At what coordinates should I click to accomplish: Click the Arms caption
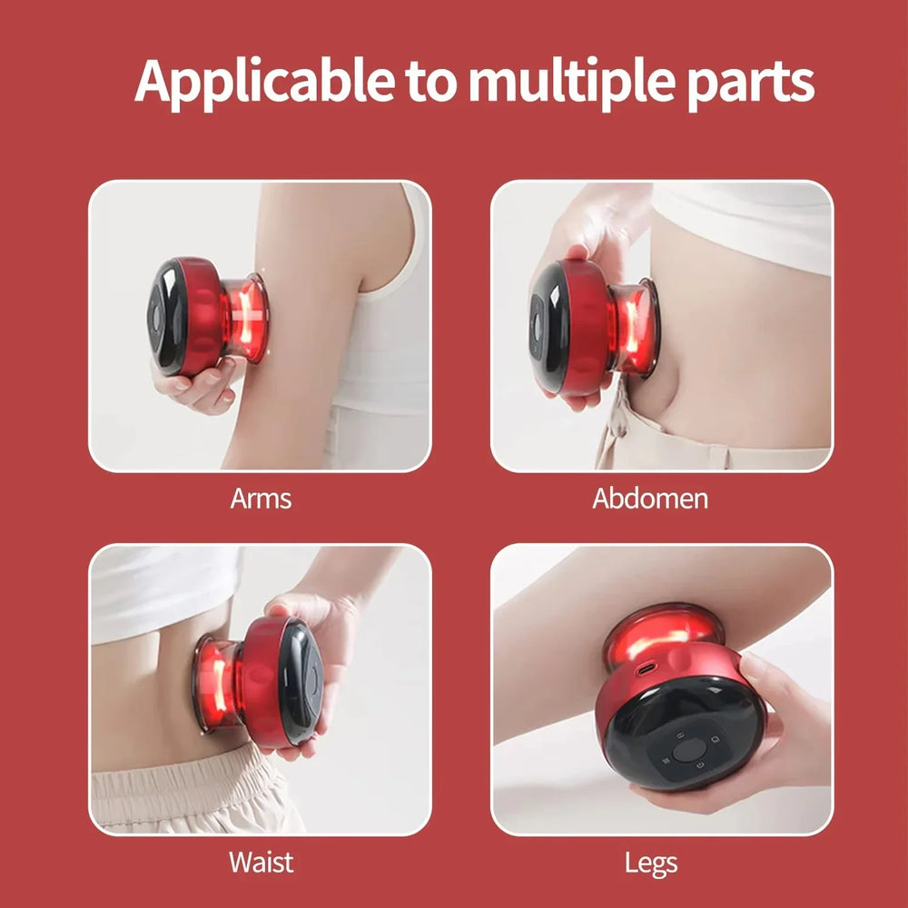coord(261,498)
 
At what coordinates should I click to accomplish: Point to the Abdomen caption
coord(650,498)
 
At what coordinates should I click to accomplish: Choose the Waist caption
coord(261,861)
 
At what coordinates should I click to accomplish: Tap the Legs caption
coord(650,862)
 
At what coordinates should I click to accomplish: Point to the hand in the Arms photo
coord(195,386)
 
